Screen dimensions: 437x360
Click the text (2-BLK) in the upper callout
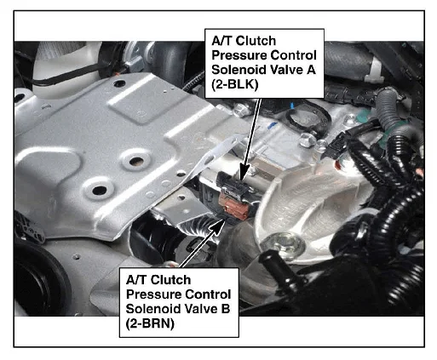235,84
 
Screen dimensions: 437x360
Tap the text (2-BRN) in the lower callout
150,323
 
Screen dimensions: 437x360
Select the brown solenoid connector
235,206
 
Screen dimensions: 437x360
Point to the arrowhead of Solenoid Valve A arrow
244,172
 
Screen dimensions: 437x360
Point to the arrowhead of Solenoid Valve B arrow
218,227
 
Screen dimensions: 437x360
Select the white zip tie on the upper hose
374,70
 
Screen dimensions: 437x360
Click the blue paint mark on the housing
273,125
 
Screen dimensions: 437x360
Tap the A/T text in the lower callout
137,280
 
